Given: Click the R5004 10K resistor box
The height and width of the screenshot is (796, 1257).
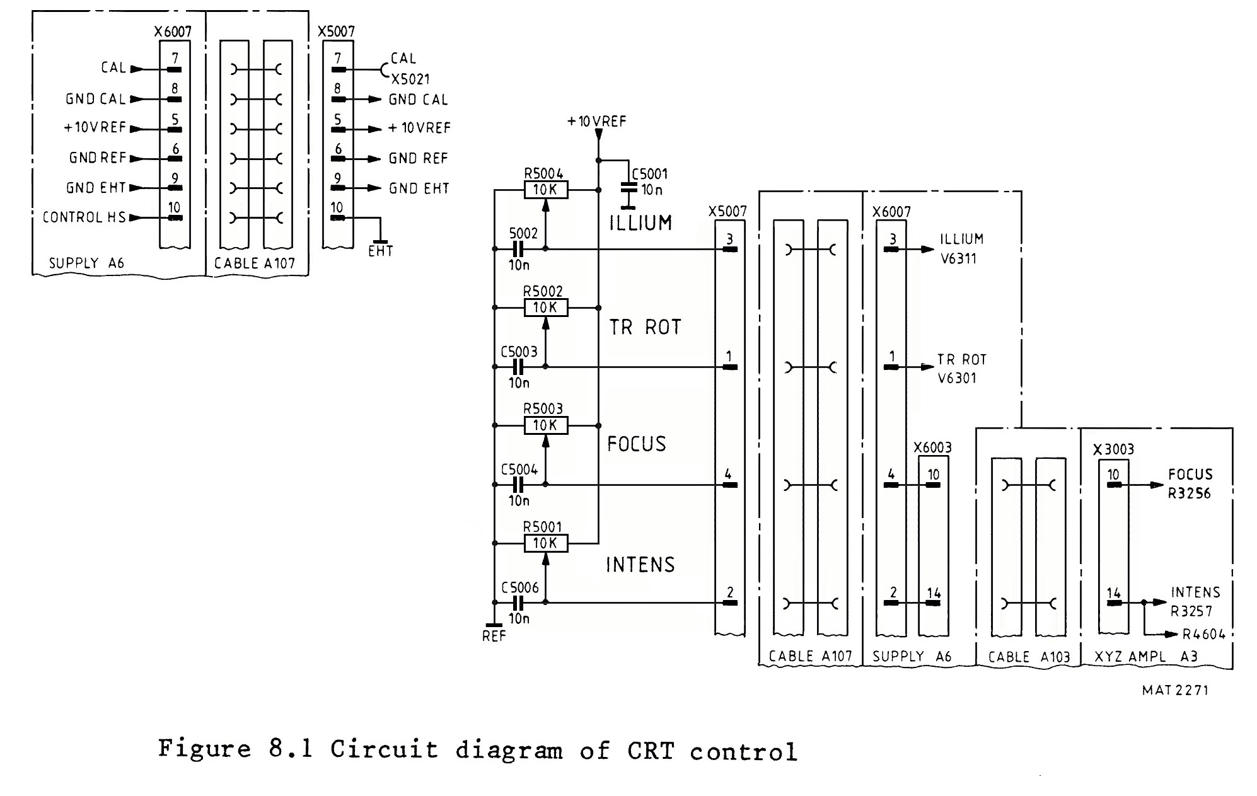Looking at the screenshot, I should [x=545, y=190].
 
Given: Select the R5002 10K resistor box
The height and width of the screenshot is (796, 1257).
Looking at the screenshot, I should [x=545, y=308].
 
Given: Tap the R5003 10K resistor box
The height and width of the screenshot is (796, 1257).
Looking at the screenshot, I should [x=545, y=425].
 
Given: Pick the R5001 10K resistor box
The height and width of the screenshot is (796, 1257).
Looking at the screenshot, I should [x=545, y=543].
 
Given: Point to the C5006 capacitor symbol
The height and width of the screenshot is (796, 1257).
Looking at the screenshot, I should [x=518, y=603].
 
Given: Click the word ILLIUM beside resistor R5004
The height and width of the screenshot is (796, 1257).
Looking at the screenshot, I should [x=640, y=223].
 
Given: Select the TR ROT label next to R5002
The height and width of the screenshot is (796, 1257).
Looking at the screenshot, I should [x=645, y=328].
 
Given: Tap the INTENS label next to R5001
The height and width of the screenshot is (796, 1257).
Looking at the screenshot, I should [x=640, y=565].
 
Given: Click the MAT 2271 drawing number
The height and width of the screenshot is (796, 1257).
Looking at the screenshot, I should [x=1175, y=690].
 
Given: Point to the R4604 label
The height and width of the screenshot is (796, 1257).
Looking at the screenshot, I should [x=1203, y=635].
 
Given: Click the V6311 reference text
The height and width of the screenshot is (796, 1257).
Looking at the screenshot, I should [x=958, y=258].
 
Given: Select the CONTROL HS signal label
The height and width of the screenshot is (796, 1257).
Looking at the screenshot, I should [x=84, y=217].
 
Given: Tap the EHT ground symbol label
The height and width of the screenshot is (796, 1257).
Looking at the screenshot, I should [x=380, y=251].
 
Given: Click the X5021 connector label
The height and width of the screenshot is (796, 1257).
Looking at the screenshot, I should [x=410, y=79].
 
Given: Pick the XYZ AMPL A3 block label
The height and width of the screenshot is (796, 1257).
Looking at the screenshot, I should [x=1145, y=657].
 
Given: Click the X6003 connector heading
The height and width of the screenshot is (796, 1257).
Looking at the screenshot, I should [x=932, y=448].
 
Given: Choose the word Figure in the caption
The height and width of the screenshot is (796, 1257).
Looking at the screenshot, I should [x=204, y=749].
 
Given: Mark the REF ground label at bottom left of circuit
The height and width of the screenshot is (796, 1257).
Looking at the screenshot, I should [x=494, y=637].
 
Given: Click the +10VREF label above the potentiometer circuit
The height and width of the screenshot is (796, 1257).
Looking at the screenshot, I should [x=596, y=122].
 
